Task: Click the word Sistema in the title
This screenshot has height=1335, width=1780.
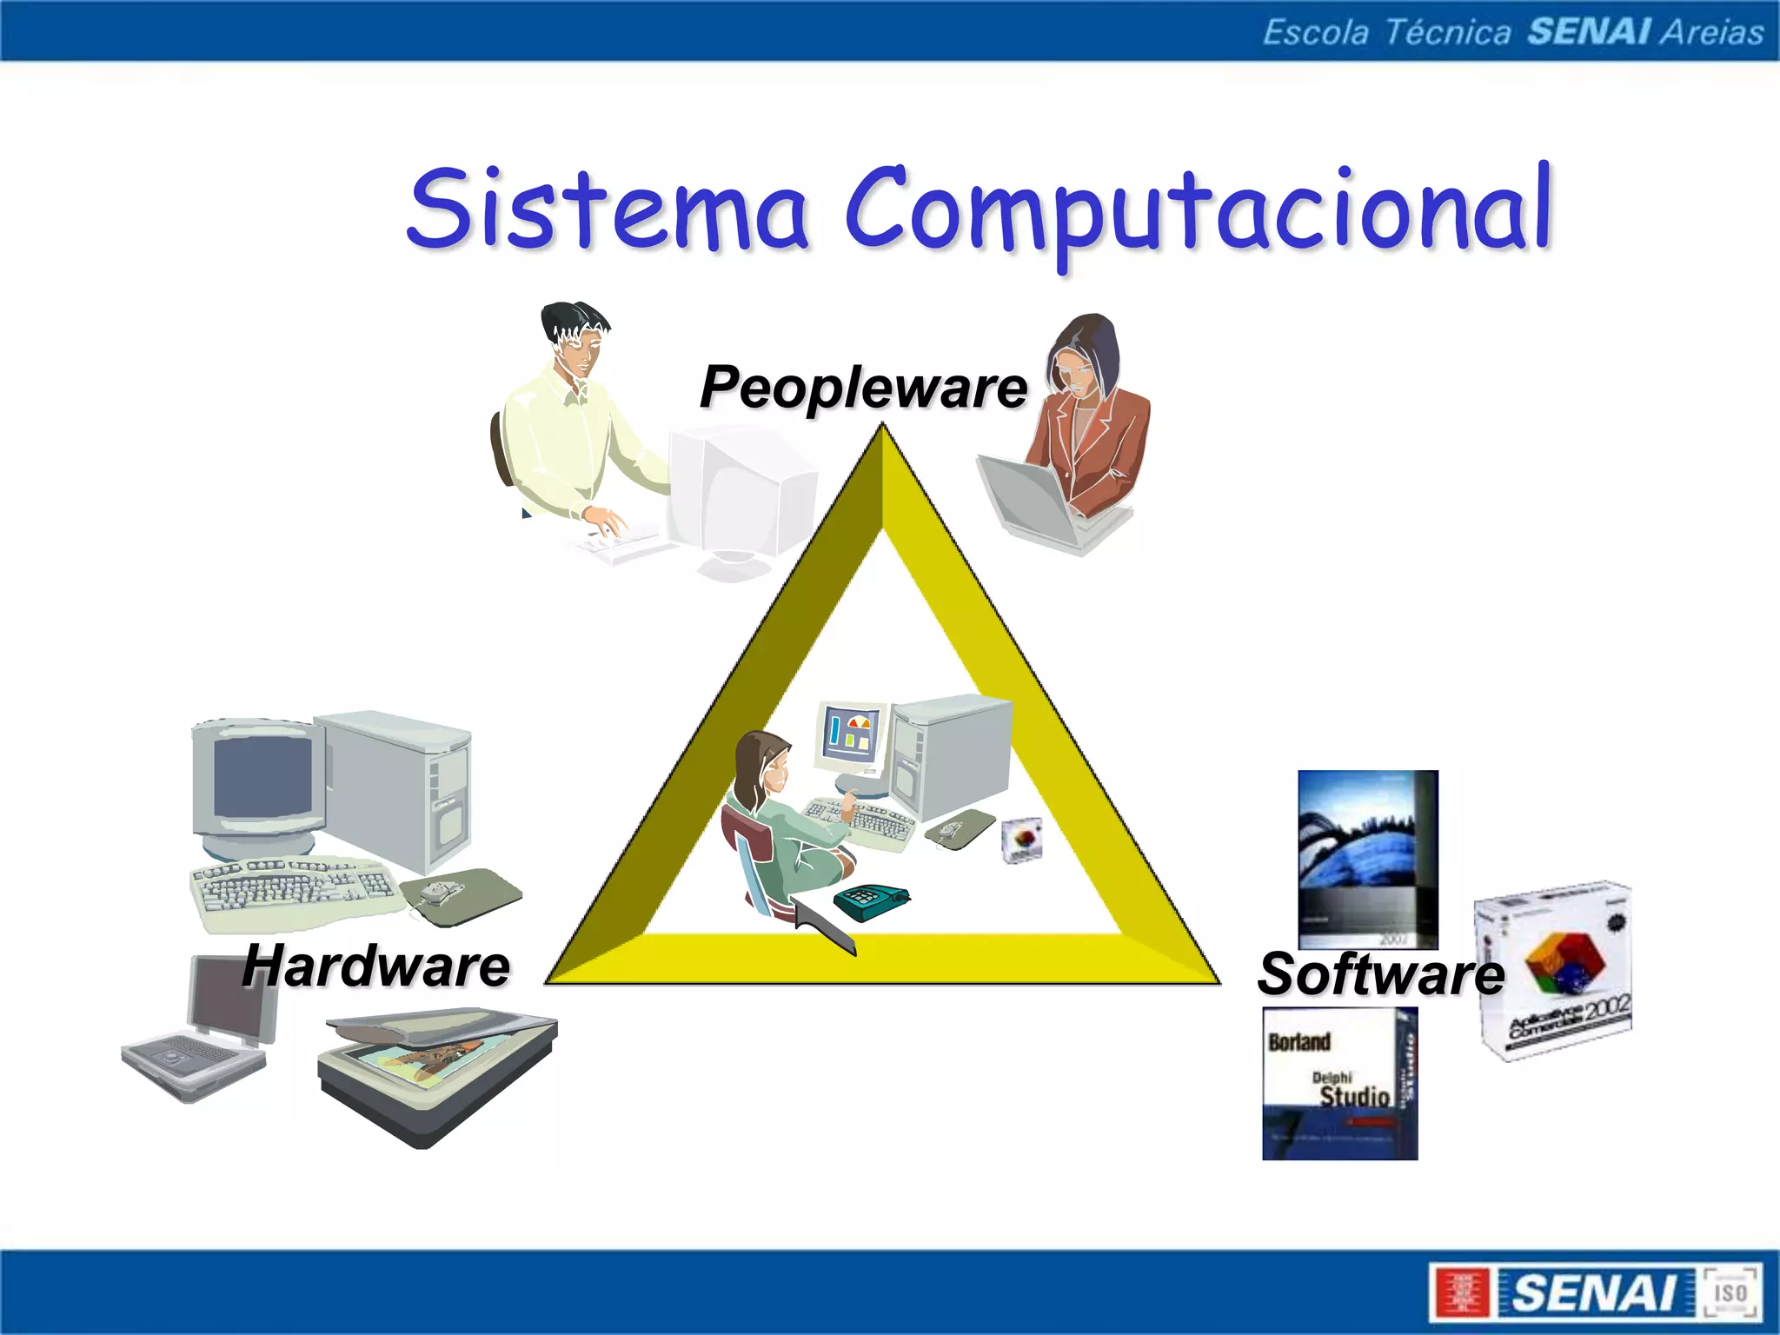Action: click(x=608, y=209)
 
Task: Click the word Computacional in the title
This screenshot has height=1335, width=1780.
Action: click(x=1199, y=209)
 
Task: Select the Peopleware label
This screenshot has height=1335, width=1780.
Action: click(x=863, y=387)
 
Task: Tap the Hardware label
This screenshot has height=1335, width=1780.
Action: click(x=376, y=966)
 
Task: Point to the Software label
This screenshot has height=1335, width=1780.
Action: click(x=1380, y=973)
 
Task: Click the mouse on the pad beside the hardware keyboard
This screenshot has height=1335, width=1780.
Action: click(x=439, y=891)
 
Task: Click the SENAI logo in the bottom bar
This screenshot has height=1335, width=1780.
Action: click(x=1595, y=1292)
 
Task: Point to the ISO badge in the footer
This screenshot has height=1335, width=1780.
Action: click(x=1730, y=1292)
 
